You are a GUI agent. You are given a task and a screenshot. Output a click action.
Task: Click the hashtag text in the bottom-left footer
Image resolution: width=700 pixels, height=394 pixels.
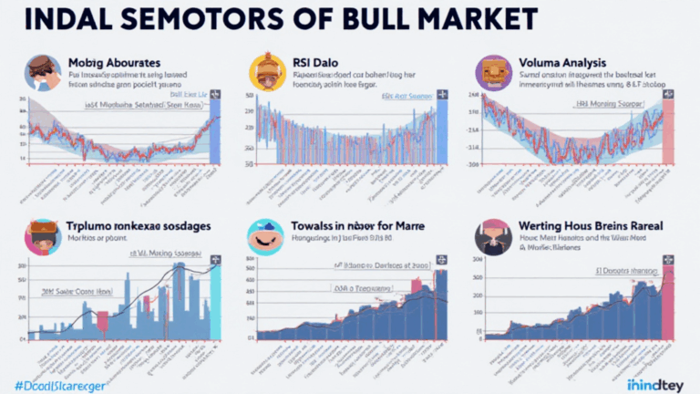tap(55, 384)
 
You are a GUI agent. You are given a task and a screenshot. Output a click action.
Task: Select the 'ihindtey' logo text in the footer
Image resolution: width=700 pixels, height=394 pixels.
tap(655, 384)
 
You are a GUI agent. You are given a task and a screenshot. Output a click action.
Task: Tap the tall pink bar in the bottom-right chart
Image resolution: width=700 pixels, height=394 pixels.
tap(667, 306)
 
